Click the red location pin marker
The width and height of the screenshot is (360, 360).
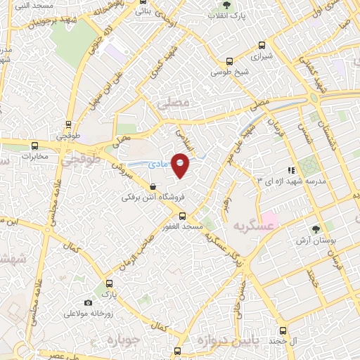pyautogui.click(x=181, y=165)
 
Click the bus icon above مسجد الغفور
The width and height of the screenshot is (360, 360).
pyautogui.click(x=182, y=216)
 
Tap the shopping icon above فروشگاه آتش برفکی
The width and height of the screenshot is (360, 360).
pyautogui.click(x=153, y=187)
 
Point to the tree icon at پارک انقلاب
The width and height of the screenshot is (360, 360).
pyautogui.click(x=215, y=14)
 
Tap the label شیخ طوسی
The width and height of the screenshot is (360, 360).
pyautogui.click(x=226, y=72)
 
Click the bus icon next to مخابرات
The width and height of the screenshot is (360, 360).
pyautogui.click(x=34, y=147)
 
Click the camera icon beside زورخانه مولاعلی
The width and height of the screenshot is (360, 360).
pyautogui.click(x=88, y=302)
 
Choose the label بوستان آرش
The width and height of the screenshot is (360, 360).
pyautogui.click(x=311, y=239)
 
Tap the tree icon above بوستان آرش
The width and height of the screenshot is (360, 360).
pyautogui.click(x=315, y=228)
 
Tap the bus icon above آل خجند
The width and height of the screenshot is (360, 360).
pyautogui.click(x=283, y=330)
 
